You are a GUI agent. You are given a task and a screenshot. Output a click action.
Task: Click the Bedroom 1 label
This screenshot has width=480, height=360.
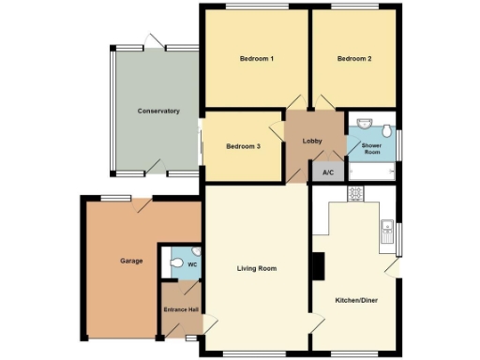pyautogui.click(x=256, y=59)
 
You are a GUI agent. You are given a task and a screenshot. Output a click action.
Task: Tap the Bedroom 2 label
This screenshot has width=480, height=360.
pyautogui.click(x=355, y=59)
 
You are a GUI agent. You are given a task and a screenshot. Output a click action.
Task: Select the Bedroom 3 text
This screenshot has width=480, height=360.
pyautogui.click(x=243, y=146)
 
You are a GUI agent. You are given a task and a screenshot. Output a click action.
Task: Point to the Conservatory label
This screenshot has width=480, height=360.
pyautogui.click(x=157, y=112)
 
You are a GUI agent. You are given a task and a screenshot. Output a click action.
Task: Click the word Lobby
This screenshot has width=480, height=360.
pyautogui.click(x=313, y=142)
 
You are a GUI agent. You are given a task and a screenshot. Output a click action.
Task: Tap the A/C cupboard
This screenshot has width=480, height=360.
pyautogui.click(x=328, y=172)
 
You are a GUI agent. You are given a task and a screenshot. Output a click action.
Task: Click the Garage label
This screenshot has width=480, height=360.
pyautogui.click(x=131, y=261)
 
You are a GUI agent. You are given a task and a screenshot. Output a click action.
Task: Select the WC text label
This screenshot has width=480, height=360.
pyautogui.click(x=192, y=265)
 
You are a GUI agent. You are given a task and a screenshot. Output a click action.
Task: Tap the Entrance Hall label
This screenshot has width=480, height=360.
pyautogui.click(x=180, y=309)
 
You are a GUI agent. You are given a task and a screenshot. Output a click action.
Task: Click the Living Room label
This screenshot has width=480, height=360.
pyautogui.click(x=257, y=269)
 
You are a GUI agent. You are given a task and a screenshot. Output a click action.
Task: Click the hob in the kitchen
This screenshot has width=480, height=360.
pyautogui.click(x=356, y=193)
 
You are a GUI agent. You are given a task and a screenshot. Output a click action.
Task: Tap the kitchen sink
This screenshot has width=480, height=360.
pyautogui.click(x=385, y=231)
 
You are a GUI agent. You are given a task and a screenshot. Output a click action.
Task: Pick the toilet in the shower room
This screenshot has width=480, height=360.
pyautogui.click(x=387, y=127)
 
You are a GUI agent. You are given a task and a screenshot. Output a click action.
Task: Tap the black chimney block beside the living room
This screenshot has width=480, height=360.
pyautogui.click(x=317, y=267)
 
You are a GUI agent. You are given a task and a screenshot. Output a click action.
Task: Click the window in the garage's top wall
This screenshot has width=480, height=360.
pyautogui.click(x=116, y=197)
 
